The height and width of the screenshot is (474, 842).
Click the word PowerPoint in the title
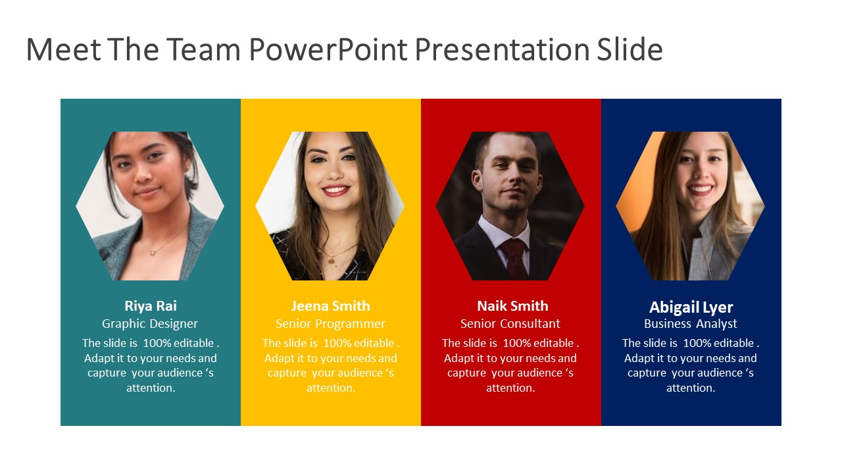(328, 49)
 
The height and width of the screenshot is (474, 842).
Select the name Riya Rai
(151, 306)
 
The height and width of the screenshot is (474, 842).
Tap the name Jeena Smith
(330, 306)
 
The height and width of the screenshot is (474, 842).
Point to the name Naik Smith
(512, 306)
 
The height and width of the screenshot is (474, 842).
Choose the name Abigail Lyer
(691, 307)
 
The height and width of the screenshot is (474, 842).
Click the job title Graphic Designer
(149, 323)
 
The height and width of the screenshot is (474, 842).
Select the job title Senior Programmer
(330, 323)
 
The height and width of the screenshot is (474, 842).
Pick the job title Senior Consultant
(510, 323)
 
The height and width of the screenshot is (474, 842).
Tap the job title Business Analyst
(691, 323)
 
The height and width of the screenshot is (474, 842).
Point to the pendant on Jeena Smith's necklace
(331, 259)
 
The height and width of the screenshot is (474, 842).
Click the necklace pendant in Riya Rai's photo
(152, 252)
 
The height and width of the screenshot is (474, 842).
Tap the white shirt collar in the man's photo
(503, 231)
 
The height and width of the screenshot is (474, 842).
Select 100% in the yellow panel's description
(336, 343)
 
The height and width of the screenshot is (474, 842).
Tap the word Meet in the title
(64, 49)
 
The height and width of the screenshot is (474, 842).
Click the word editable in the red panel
(554, 343)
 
